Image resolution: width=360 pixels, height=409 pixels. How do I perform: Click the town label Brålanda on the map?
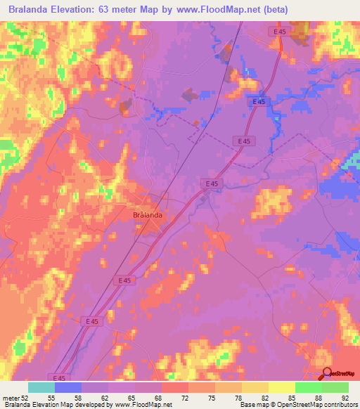[x=148, y=215]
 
